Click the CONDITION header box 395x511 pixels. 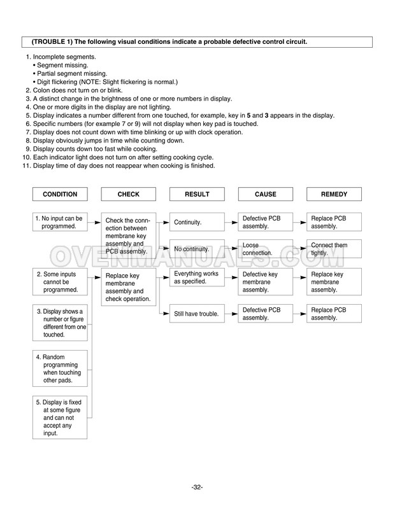click(x=60, y=194)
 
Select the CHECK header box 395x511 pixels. click(x=129, y=194)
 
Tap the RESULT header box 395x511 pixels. click(x=197, y=194)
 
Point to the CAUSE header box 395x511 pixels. click(x=266, y=194)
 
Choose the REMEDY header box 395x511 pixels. click(x=334, y=194)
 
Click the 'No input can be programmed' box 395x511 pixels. click(x=60, y=221)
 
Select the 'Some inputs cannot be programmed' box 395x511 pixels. click(x=60, y=281)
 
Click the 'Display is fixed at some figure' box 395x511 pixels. click(x=60, y=416)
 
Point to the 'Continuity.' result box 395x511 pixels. click(x=196, y=223)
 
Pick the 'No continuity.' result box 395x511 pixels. click(x=196, y=249)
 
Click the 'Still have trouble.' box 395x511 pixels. click(x=196, y=313)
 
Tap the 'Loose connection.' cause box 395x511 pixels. click(x=266, y=249)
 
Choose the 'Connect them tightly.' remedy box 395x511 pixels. click(x=334, y=249)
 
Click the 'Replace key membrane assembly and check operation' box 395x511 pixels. click(x=129, y=286)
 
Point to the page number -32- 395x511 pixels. click(x=197, y=487)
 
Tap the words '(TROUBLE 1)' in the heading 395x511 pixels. click(x=53, y=41)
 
